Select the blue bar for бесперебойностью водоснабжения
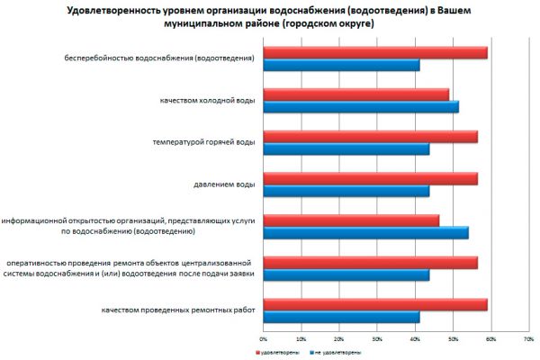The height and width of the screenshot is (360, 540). [x=340, y=65]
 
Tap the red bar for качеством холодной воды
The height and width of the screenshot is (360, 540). [x=355, y=94]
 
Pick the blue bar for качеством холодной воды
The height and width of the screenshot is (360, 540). [x=360, y=107]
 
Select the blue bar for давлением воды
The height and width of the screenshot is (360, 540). [x=345, y=191]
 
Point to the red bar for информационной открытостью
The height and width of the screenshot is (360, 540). [x=350, y=220]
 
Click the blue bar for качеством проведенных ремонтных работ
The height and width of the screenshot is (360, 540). [x=340, y=317]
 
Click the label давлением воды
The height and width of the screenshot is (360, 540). [x=224, y=184]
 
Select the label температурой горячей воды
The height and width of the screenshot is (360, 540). [x=205, y=142]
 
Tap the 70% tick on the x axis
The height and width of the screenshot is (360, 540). [x=528, y=339]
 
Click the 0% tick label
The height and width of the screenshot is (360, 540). [x=263, y=339]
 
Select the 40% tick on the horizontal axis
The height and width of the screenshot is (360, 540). [x=415, y=339]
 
